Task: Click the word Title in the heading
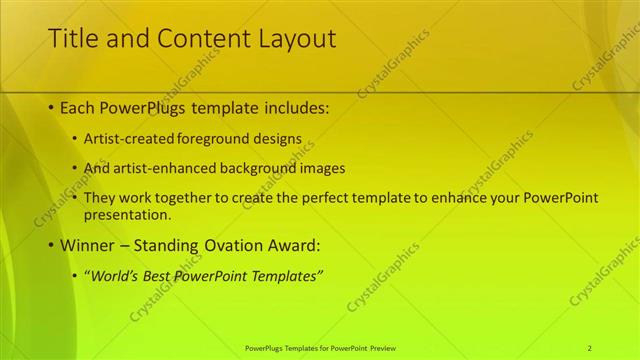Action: coord(71,39)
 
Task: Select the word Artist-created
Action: coord(129,140)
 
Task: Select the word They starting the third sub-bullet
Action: coord(101,198)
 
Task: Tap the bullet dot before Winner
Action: coord(51,245)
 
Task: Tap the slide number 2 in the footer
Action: coord(589,348)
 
